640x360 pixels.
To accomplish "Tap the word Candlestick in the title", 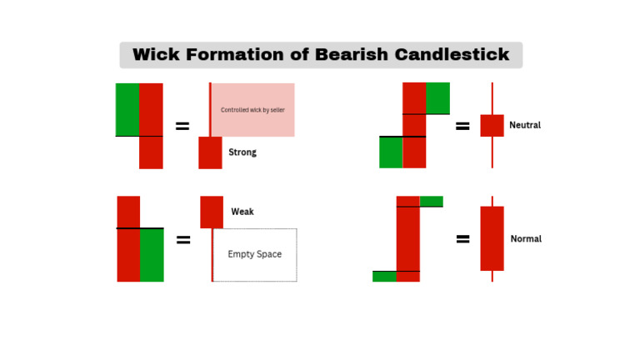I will [x=452, y=55].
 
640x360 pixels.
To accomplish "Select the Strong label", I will [x=242, y=152].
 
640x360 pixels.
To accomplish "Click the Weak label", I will [x=242, y=212].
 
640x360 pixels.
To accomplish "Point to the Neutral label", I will [x=525, y=125].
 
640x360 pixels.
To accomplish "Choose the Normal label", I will [x=526, y=238].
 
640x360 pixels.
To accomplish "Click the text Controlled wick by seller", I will [x=252, y=110].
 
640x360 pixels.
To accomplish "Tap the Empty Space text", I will [x=255, y=254].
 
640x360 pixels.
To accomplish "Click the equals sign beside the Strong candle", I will [x=182, y=127].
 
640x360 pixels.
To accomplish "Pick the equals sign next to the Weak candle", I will [x=183, y=240].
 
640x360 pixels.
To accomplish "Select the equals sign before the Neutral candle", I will [x=462, y=127].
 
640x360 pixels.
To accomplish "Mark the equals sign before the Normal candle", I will [x=462, y=239].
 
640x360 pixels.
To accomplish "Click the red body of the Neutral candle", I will [x=492, y=126].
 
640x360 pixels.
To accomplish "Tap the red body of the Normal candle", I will [x=492, y=238].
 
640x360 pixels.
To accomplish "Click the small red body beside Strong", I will [x=210, y=152].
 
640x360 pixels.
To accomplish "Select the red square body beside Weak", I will [x=212, y=212].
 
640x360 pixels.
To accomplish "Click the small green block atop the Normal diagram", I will [x=431, y=201].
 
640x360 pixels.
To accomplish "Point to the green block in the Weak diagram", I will [x=152, y=255].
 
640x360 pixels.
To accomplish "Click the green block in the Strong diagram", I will [x=127, y=109].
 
